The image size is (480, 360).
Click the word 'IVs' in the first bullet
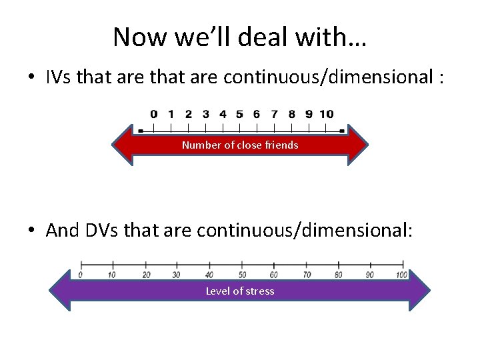pos(59,77)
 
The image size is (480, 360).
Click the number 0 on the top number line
pos(154,114)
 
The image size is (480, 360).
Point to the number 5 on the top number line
pos(239,114)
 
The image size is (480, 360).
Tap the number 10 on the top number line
pos(327,114)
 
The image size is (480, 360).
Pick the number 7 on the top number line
pos(274,114)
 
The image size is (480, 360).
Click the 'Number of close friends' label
pos(240,145)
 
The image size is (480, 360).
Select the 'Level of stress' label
pos(240,291)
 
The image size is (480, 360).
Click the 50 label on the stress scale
pos(242,275)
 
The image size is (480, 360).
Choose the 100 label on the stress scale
pos(401,275)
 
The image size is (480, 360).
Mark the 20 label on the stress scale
pos(146,275)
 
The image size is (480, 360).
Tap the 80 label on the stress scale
pos(338,275)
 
